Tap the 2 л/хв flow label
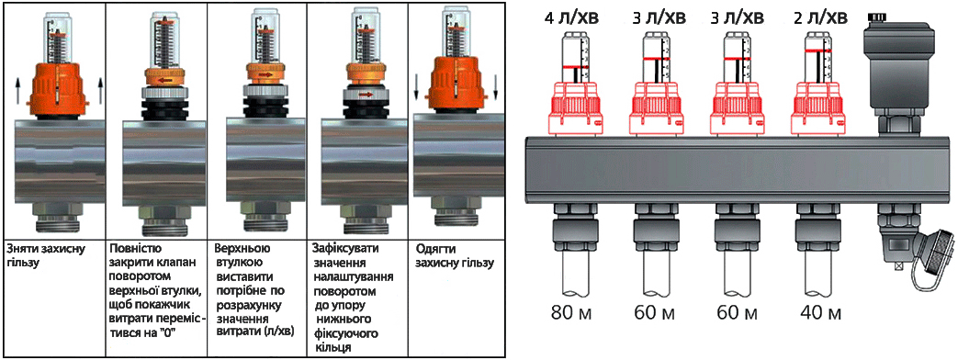[x=821, y=17]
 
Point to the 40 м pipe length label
[x=821, y=313]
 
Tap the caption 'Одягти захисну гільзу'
[x=454, y=256]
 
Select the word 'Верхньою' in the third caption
[x=241, y=248]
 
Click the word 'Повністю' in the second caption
[x=134, y=248]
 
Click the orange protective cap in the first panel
[x=57, y=88]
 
